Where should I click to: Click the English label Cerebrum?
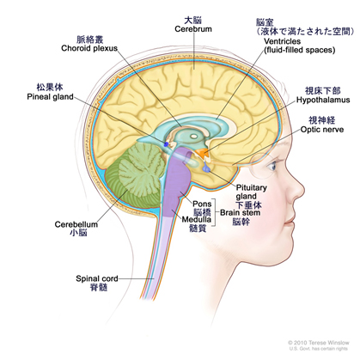pos(193,29)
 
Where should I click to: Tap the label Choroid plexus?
pos(89,48)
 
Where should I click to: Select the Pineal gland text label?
pos(50,97)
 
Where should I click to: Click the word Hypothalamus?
pos(323,100)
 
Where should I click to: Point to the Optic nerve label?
pos(322,130)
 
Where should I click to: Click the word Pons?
pos(202,204)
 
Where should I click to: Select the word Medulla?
pos(197,220)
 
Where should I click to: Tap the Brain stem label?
pos(240,213)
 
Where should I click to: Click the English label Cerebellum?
pos(76,224)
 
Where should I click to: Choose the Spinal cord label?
pos(97,278)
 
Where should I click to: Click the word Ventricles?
pos(282,41)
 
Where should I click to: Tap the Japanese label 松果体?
pos(50,88)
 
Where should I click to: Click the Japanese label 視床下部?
pos(323,91)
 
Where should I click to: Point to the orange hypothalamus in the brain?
pos(203,153)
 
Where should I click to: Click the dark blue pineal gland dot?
pos(166,143)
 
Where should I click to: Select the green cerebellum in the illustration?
pos(135,174)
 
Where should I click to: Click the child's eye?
pos(272,166)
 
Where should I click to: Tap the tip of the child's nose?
pos(303,191)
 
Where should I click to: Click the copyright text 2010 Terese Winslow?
pos(319,343)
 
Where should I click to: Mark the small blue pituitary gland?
pos(207,169)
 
